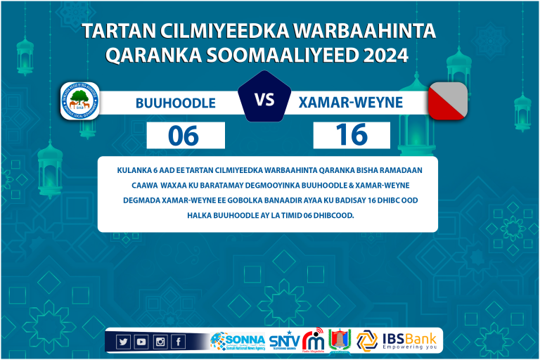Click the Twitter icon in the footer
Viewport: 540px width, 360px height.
123,342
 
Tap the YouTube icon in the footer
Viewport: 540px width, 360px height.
141,342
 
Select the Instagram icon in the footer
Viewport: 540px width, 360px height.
160,342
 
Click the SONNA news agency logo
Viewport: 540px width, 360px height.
238,341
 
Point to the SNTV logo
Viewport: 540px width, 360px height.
283,341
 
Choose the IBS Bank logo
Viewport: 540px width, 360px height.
399,340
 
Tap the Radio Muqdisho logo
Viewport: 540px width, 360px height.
313,340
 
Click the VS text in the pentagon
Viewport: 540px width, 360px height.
264,100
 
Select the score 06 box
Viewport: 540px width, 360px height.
185,135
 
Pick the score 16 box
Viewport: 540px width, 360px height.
352,134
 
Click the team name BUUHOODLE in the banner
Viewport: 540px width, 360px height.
175,103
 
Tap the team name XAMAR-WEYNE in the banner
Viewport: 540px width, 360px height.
351,103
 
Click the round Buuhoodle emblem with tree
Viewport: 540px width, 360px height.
79,102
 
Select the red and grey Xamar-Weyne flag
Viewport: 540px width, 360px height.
448,101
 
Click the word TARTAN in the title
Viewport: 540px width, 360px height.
117,31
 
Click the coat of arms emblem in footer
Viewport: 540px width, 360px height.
339,340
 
